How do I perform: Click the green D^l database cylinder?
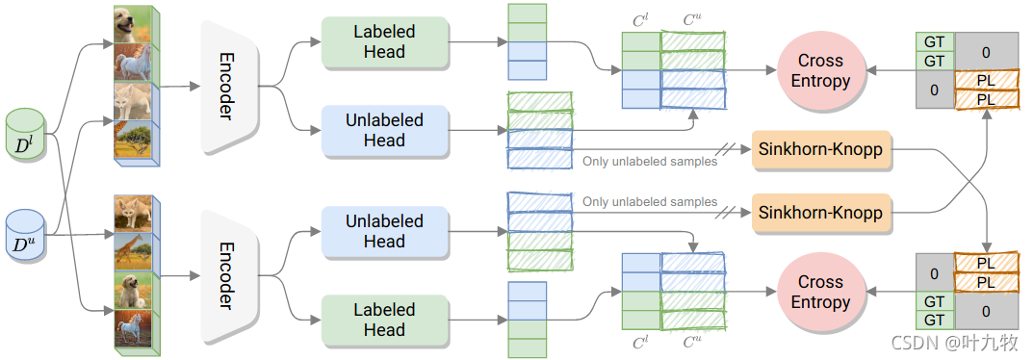(26, 134)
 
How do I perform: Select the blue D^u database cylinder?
(26, 236)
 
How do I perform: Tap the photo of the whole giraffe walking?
(133, 252)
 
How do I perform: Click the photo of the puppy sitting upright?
(133, 291)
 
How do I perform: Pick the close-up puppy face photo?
(133, 25)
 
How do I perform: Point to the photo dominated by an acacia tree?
(133, 140)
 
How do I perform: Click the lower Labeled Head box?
(385, 320)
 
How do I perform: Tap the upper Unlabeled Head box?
(385, 130)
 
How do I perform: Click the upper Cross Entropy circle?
(820, 70)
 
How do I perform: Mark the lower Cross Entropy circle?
(820, 292)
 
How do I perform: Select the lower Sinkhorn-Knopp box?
(820, 214)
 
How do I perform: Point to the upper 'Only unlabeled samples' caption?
(650, 161)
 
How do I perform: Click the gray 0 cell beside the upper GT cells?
(986, 51)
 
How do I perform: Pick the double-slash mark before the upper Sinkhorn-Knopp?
(729, 149)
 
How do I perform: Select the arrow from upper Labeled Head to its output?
(478, 42)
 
